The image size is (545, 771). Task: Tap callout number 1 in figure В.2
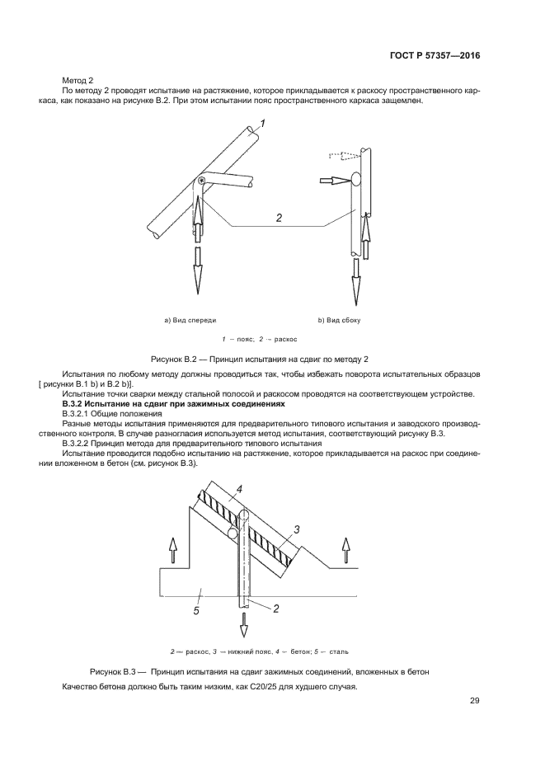click(x=263, y=125)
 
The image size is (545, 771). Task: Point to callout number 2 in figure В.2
click(x=279, y=219)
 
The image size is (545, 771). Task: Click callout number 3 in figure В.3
click(x=299, y=529)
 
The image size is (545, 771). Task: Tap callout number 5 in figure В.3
click(x=196, y=610)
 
